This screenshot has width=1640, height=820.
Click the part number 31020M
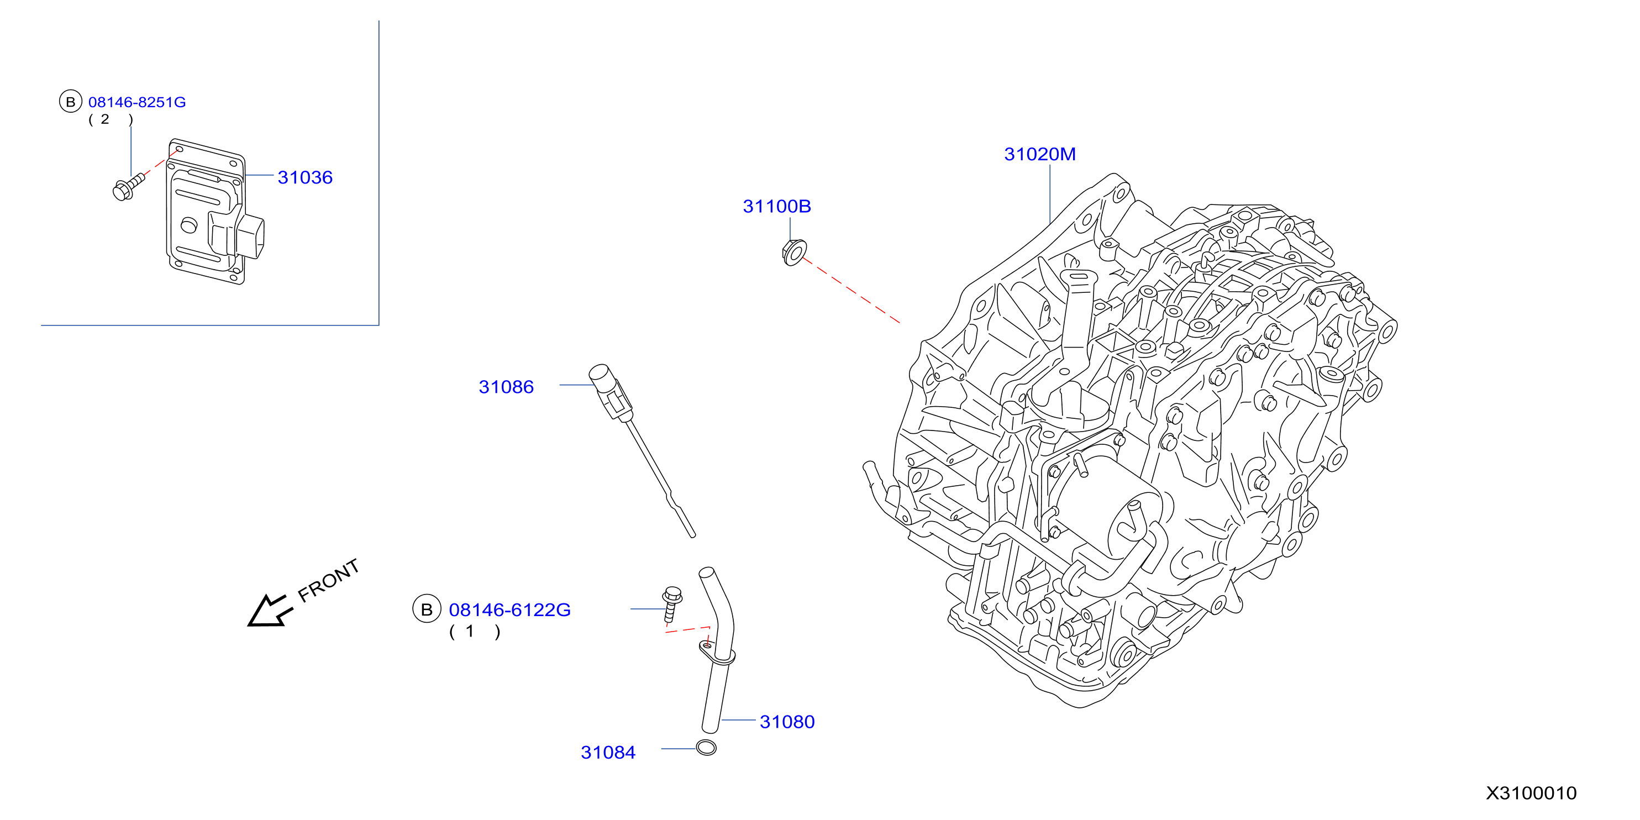tap(1040, 154)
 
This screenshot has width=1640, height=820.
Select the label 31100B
tap(777, 206)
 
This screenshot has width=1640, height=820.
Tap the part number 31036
tap(305, 177)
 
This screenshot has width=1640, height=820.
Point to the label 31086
tap(506, 387)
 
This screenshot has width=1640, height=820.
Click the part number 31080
tap(787, 722)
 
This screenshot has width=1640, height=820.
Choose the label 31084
tap(608, 753)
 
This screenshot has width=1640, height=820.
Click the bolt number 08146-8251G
tap(137, 102)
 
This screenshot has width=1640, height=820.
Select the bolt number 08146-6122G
tap(510, 610)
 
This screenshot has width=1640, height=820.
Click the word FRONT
tap(329, 580)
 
